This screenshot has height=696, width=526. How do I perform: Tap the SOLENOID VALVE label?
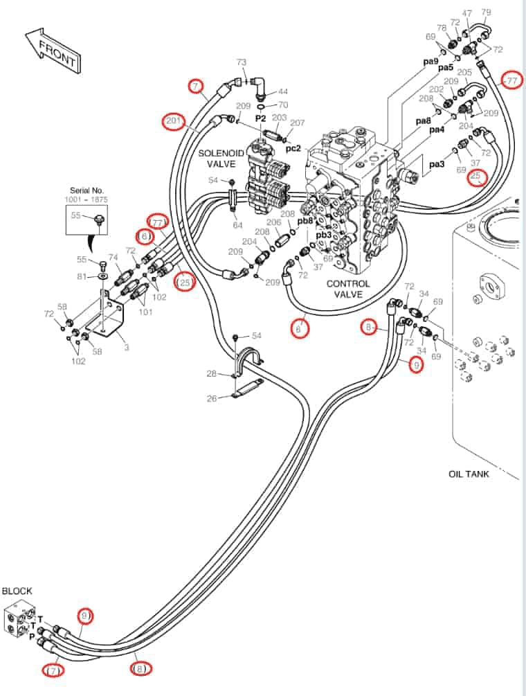point(221,159)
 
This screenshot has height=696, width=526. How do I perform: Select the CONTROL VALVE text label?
point(348,289)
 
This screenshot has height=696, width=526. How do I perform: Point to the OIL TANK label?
point(469,474)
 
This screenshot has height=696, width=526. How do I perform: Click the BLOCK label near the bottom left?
point(17,591)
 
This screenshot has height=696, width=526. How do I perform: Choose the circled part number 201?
point(174,121)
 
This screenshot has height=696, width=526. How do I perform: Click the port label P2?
point(260,119)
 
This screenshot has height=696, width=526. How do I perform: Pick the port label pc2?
point(293,148)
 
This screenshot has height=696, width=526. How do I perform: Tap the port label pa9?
point(430,61)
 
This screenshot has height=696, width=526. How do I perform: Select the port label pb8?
point(305,220)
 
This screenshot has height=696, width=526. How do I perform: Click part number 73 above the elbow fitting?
point(242,62)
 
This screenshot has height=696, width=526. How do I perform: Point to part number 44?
point(283,91)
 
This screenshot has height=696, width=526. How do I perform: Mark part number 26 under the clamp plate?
point(212,399)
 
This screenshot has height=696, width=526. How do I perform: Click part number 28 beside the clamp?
point(212,374)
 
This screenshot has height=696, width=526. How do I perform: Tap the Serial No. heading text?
point(87,190)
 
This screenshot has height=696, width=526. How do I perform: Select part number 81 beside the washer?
point(82,276)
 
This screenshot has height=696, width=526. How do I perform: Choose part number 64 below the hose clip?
point(237,225)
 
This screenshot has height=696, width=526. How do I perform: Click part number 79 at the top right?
point(486,12)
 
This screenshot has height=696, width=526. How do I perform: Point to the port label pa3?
point(437,164)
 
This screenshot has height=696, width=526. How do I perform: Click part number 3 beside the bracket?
point(127,347)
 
